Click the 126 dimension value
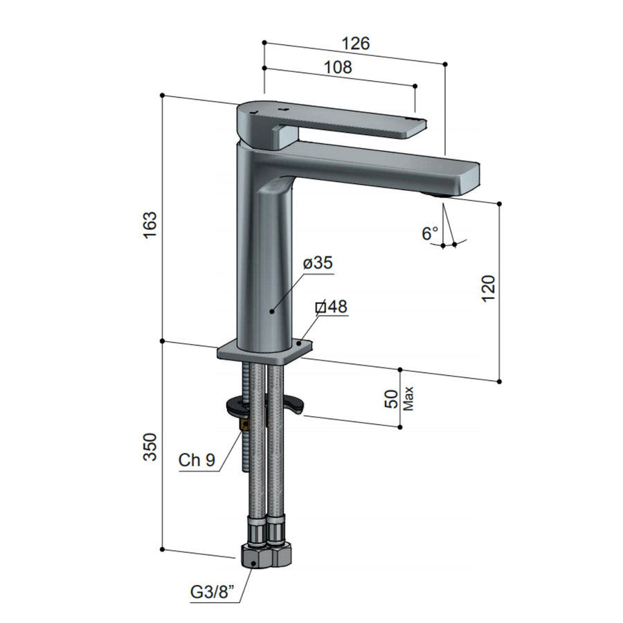point(356,43)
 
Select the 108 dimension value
point(338,67)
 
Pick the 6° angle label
point(430,233)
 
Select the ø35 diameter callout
point(318,263)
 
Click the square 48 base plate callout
point(332,307)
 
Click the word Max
point(408,399)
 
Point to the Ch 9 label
point(197,460)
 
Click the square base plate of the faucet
point(263,351)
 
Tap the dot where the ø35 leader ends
point(272,311)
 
